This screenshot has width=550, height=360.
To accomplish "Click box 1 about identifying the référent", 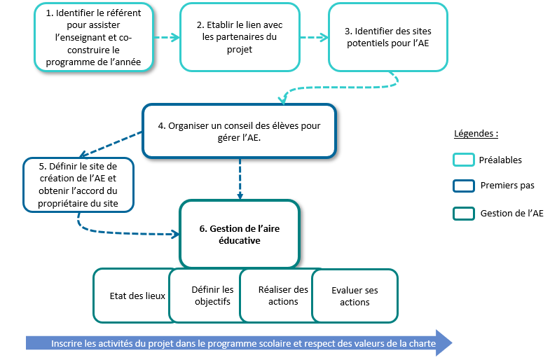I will (92, 38).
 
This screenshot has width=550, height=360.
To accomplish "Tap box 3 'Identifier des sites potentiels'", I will (387, 37).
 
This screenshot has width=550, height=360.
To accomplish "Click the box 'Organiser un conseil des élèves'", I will (240, 131).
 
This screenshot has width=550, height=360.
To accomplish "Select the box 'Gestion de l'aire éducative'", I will (240, 233).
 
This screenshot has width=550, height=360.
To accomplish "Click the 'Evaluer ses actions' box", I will (354, 296).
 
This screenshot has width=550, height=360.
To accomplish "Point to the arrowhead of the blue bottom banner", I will (444, 343).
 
